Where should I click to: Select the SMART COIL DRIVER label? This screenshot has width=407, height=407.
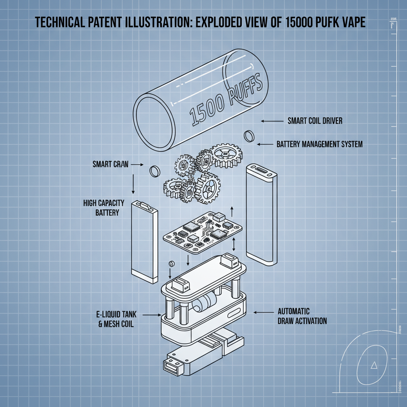tap(315, 120)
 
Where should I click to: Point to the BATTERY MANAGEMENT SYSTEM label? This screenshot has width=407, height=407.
tap(320, 144)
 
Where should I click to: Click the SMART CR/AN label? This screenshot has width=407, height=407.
tap(110, 164)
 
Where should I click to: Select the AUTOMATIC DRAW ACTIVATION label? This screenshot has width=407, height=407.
tap(302, 316)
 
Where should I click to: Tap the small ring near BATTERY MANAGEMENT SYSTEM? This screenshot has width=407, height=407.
tap(248, 135)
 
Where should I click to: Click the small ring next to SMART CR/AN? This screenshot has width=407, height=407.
tap(154, 171)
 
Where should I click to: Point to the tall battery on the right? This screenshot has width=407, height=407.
tap(261, 215)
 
